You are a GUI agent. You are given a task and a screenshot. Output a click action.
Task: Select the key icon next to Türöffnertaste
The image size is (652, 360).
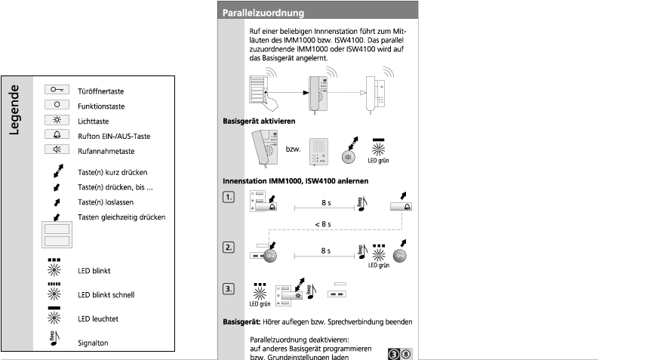(x=57, y=88)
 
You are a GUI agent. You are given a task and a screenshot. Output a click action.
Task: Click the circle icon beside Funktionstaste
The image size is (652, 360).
(x=57, y=103)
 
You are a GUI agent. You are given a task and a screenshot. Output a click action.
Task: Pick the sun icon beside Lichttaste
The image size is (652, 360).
(x=57, y=119)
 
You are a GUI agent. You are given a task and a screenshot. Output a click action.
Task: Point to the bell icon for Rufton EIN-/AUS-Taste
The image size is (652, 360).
(x=57, y=135)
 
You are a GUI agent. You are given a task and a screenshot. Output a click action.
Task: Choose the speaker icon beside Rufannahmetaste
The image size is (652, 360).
(x=57, y=151)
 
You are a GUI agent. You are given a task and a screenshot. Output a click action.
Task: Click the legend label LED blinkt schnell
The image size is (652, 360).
(x=106, y=295)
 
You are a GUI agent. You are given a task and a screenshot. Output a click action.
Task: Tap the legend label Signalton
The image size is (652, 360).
(x=94, y=342)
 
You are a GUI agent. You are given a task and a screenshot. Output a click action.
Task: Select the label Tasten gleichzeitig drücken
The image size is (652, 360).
(x=121, y=217)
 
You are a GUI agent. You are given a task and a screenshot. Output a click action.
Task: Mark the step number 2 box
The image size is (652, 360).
(x=228, y=248)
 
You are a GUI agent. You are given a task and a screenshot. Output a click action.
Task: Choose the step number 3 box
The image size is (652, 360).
(x=228, y=288)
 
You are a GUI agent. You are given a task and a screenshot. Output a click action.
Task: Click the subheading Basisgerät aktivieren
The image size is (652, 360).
(x=259, y=121)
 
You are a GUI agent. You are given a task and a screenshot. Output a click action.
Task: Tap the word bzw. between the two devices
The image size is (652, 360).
(x=293, y=148)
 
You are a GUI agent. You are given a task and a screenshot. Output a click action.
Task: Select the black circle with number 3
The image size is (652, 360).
(x=394, y=352)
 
